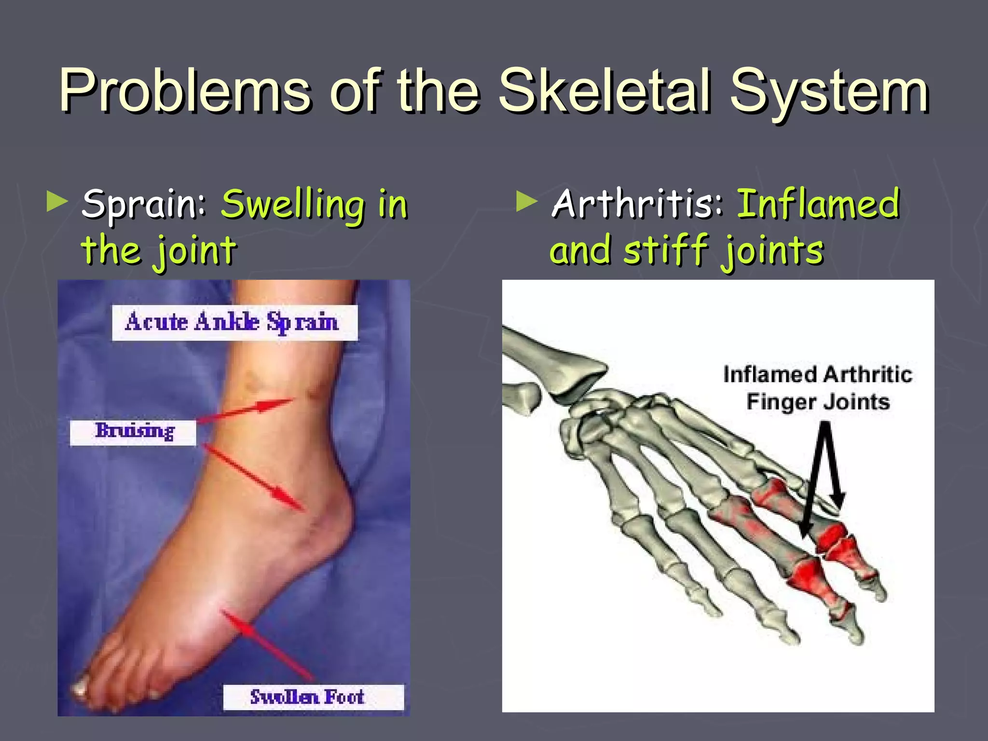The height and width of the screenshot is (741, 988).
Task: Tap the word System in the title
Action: coord(829,92)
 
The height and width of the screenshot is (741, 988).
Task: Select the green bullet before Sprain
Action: coord(57,202)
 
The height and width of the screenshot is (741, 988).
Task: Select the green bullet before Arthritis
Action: coord(526,202)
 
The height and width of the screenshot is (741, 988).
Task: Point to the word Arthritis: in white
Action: coord(637,203)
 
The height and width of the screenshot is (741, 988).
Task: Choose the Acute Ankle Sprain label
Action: coord(234,322)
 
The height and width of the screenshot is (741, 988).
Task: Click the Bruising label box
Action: coord(133,432)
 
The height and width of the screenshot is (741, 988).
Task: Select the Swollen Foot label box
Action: coord(313,697)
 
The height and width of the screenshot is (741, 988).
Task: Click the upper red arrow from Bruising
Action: coord(246,410)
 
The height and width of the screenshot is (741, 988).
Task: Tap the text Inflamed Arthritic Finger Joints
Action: coord(817,388)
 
